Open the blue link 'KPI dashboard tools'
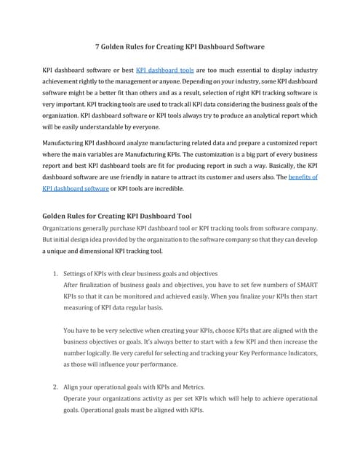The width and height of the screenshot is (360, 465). pyautogui.click(x=164, y=70)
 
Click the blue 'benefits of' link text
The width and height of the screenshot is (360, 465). pyautogui.click(x=303, y=177)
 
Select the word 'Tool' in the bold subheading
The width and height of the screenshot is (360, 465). pyautogui.click(x=183, y=216)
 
